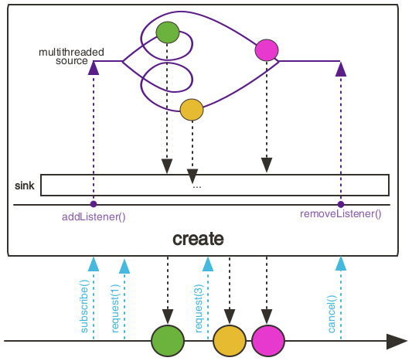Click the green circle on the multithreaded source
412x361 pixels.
(x=168, y=32)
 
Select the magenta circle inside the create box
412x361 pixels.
(x=267, y=50)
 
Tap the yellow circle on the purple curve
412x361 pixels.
(x=192, y=110)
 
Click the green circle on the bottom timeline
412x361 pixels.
(x=168, y=341)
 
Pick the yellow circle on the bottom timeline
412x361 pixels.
(x=230, y=341)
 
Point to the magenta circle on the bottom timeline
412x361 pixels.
(x=268, y=341)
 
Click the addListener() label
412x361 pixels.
(x=94, y=217)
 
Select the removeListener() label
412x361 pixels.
(x=341, y=214)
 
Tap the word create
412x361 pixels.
(x=198, y=239)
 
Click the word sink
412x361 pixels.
(x=25, y=186)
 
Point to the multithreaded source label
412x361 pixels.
(x=71, y=56)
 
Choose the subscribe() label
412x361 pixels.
(x=84, y=306)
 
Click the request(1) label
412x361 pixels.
(x=115, y=308)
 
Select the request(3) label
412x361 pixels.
(x=199, y=308)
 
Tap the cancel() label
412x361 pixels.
(x=332, y=315)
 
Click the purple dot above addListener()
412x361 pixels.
(x=94, y=204)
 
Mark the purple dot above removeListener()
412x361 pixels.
(x=341, y=204)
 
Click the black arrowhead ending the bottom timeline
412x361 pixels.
(x=397, y=342)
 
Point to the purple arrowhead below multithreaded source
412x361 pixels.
(x=94, y=68)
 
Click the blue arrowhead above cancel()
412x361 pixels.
(x=341, y=264)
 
